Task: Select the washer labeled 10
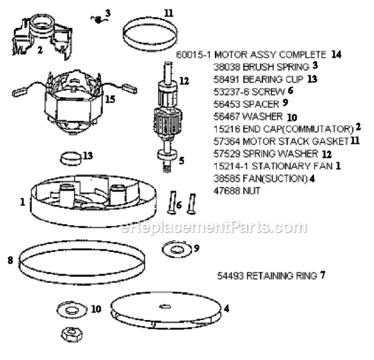(72, 309)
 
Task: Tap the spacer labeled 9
(177, 249)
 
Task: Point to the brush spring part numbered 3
(98, 20)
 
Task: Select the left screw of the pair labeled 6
(172, 202)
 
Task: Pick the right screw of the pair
(191, 203)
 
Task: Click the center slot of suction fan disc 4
(165, 306)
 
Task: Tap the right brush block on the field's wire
(130, 89)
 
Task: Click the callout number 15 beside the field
(110, 99)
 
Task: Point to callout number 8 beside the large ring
(10, 260)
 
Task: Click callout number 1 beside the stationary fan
(23, 202)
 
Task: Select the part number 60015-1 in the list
(193, 55)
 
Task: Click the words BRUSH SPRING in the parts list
(276, 67)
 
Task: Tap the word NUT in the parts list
(251, 191)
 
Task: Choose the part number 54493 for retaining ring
(230, 276)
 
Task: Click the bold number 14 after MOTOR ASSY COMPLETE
(336, 55)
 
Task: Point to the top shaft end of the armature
(168, 64)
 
